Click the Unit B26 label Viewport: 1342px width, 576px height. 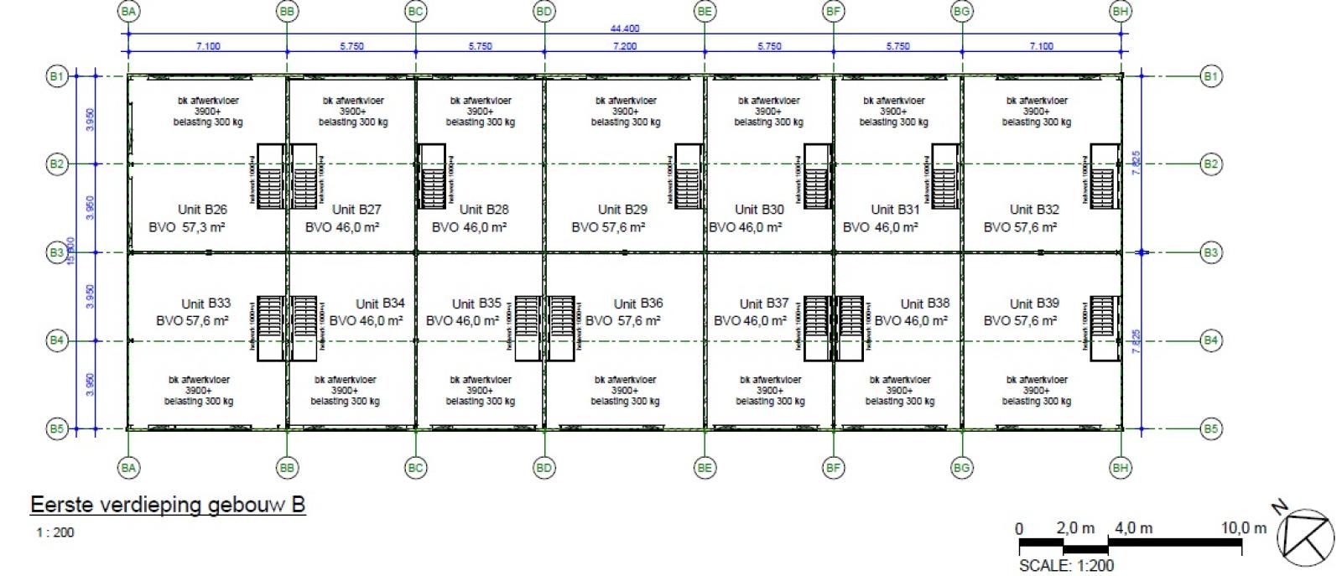(202, 210)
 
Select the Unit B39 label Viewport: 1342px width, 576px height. (1034, 304)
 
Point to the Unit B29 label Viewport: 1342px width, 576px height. (622, 210)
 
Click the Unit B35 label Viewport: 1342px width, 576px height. (476, 304)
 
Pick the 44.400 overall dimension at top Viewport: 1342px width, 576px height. (624, 29)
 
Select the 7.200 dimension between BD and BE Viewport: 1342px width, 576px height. (624, 46)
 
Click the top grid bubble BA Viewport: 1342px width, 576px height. (128, 11)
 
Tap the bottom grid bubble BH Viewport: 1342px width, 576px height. (1121, 468)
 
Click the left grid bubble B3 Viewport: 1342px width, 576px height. (55, 252)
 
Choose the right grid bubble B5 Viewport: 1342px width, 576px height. (1210, 429)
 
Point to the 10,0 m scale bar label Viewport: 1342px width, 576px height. (1243, 528)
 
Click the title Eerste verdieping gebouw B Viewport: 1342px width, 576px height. (168, 506)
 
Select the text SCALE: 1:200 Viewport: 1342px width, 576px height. (1066, 566)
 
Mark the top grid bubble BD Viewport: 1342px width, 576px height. (544, 11)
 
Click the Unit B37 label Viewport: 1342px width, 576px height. (764, 304)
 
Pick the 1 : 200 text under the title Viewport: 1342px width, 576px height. (55, 532)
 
